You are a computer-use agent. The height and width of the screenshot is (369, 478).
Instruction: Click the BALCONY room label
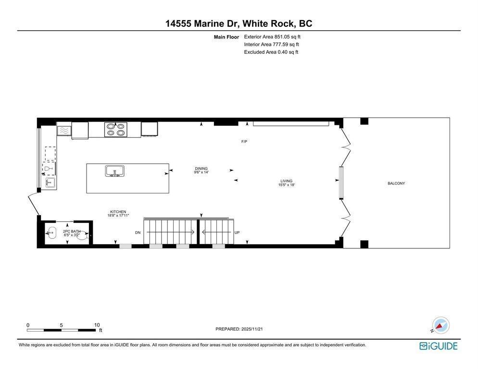396,183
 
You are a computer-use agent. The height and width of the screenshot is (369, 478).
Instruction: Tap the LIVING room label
286,181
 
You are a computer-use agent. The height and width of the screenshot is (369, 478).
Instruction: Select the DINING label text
201,168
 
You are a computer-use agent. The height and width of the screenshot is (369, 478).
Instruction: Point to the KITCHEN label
118,211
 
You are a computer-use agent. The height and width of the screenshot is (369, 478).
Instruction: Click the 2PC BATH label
71,232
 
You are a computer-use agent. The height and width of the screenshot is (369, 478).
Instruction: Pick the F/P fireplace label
244,142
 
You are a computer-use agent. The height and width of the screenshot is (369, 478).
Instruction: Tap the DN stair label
138,233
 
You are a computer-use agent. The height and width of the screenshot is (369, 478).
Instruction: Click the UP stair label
237,233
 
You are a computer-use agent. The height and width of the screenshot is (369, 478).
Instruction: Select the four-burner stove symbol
116,129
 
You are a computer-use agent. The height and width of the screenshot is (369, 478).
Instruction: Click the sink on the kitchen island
115,171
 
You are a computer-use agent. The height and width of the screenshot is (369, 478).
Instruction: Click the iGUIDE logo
438,346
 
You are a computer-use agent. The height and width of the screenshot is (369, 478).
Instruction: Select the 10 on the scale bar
97,325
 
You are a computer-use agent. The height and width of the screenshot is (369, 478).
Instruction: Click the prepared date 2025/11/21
239,329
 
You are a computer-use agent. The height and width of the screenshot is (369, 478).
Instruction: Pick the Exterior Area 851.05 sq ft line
272,37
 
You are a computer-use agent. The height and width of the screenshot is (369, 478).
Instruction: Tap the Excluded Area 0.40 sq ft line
271,52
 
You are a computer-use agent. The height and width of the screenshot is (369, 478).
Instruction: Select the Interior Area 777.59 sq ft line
271,44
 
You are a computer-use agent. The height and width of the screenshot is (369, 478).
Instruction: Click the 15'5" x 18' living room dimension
286,185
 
